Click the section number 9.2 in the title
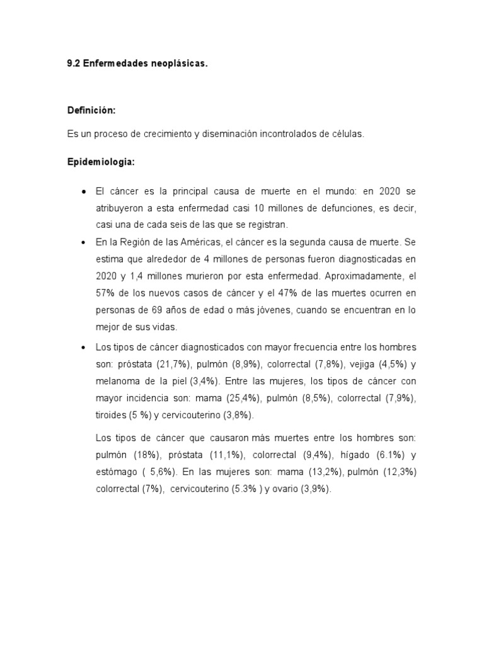[x=74, y=64]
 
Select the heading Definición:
[x=91, y=110]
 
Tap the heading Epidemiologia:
[x=101, y=162]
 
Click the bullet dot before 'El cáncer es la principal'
[x=84, y=191]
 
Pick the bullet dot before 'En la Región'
[x=84, y=242]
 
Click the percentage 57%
[x=105, y=293]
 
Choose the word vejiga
[x=359, y=365]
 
